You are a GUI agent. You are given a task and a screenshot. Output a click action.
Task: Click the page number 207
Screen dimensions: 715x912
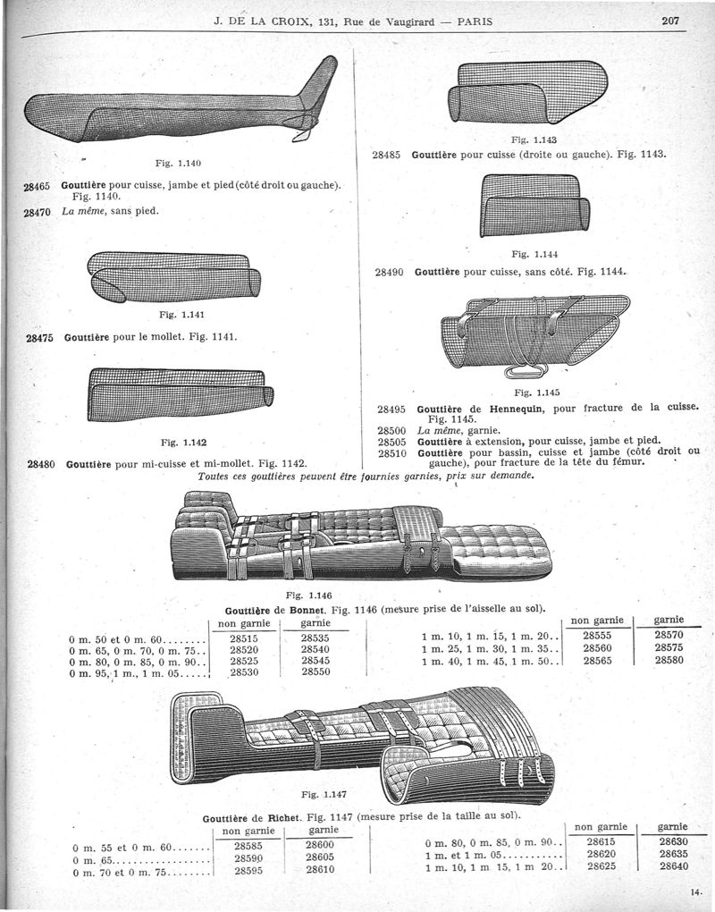tap(670, 21)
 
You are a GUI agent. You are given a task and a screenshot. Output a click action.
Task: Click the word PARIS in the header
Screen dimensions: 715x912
tap(475, 22)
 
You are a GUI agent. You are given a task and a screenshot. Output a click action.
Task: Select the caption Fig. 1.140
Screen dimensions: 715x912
tap(178, 163)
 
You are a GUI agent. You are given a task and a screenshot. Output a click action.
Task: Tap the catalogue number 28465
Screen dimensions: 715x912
tap(37, 186)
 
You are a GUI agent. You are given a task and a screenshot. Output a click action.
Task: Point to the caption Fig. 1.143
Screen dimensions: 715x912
tap(534, 139)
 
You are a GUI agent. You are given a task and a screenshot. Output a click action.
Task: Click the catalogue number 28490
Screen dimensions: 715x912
tap(389, 272)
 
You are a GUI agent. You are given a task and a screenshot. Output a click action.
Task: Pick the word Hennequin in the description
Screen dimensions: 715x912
tap(517, 409)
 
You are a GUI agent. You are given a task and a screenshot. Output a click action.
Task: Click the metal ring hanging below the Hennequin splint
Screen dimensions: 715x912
tap(526, 371)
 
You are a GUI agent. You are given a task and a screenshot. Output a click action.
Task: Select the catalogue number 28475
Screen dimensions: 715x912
tap(40, 337)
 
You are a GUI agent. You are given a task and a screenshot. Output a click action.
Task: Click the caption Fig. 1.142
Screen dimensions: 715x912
tap(184, 443)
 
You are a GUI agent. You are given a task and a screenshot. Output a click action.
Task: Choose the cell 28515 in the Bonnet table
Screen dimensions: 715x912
tap(244, 638)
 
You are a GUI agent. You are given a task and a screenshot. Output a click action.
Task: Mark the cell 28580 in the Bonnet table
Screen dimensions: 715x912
tap(669, 660)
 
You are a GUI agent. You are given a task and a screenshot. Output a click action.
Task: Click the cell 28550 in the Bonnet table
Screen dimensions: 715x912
tap(315, 671)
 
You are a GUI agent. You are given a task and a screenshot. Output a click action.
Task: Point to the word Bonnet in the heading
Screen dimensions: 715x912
tap(306, 611)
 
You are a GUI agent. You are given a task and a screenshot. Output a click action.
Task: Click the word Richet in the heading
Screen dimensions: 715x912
tap(284, 819)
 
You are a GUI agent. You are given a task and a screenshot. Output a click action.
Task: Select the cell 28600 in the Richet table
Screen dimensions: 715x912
tap(320, 845)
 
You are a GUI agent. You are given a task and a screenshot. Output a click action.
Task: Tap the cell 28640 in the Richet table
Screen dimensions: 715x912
tap(674, 866)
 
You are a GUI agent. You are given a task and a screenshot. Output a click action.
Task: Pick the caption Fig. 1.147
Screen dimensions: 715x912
tap(324, 795)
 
